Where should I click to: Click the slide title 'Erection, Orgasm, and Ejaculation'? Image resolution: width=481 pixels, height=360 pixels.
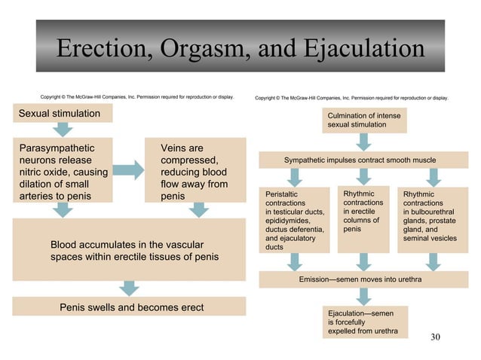point(240,50)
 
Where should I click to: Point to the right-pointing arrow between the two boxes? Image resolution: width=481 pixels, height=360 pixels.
point(128,171)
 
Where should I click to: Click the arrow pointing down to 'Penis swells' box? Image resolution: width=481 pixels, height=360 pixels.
point(129,288)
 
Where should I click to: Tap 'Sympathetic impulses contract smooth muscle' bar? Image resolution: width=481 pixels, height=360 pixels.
point(360,160)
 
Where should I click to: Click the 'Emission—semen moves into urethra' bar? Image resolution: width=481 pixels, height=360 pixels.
point(360,279)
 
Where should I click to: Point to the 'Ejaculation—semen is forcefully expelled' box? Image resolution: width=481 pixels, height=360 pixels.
point(361,322)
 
